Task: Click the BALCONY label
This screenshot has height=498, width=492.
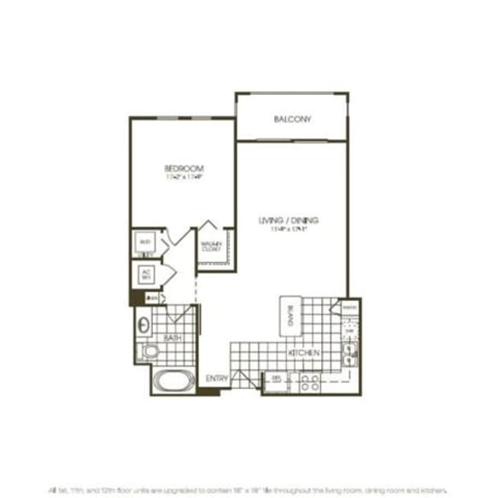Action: coord(292,119)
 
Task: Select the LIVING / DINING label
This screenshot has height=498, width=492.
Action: coord(288,221)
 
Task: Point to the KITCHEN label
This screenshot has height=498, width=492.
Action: coord(303,353)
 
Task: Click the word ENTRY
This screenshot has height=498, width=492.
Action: coord(217,378)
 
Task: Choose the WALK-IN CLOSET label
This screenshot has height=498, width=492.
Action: coord(212,247)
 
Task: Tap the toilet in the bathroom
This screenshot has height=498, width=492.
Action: coord(149,350)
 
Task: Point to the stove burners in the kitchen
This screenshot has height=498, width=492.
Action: coord(309,381)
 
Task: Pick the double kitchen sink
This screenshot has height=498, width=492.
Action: coord(348,353)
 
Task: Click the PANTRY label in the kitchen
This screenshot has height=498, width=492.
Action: coord(348,306)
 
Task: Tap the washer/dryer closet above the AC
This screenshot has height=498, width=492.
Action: coord(145,243)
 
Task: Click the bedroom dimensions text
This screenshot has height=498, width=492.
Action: coord(184,179)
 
